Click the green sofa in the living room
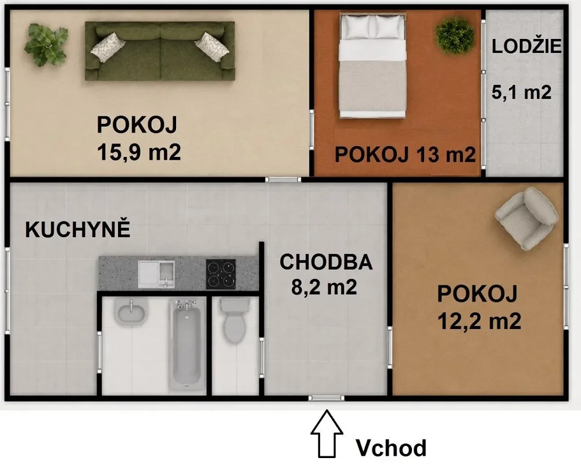click(x=160, y=51)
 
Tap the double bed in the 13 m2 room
click(x=372, y=66)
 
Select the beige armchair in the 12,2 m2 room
click(x=527, y=219)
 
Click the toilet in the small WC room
click(x=235, y=320)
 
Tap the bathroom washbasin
click(x=131, y=312)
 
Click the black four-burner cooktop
click(x=221, y=274)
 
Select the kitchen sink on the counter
click(x=156, y=274)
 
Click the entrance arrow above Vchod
click(x=327, y=433)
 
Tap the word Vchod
click(x=391, y=448)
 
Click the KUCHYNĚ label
click(x=77, y=230)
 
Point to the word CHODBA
click(x=326, y=262)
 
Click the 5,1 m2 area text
click(x=521, y=92)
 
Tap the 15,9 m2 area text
click(x=139, y=152)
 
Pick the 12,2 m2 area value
click(x=479, y=321)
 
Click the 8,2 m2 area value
click(x=324, y=287)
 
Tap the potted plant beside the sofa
click(x=46, y=45)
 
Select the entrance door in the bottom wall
click(x=327, y=398)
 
